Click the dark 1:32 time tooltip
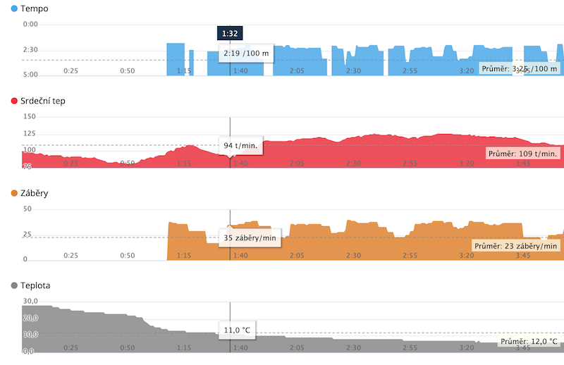pos(230,32)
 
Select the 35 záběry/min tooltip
pos(249,237)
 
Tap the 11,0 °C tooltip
pos(236,329)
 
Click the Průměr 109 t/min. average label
pos(523,153)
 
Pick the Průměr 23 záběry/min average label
pos(516,246)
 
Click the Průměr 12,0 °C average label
pos(528,341)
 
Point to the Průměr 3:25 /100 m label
pos(520,68)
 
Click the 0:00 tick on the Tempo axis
pos(30,25)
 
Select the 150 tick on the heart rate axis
pos(30,116)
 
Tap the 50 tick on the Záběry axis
pos(27,209)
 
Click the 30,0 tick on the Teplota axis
pos(30,301)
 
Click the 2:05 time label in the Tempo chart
pos(296,70)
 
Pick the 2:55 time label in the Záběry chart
pos(410,256)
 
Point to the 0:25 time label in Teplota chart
pos(70,347)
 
